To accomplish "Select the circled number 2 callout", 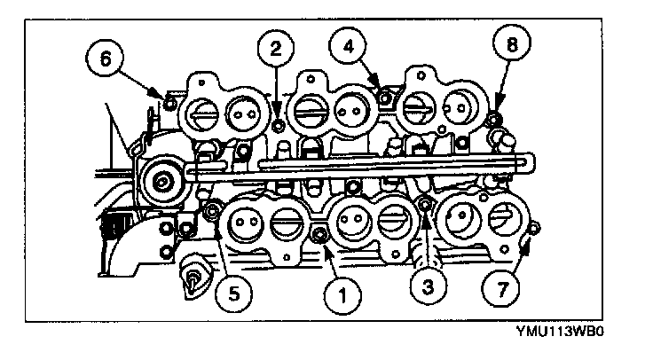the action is pos(275,50).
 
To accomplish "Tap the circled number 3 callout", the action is pos(429,286).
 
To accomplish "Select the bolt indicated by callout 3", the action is pos(425,206).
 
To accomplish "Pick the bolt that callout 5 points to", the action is pos(213,211).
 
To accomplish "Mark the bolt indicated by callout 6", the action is pos(159,91).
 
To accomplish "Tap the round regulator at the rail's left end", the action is pos(161,182).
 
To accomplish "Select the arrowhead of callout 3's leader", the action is pos(426,218).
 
